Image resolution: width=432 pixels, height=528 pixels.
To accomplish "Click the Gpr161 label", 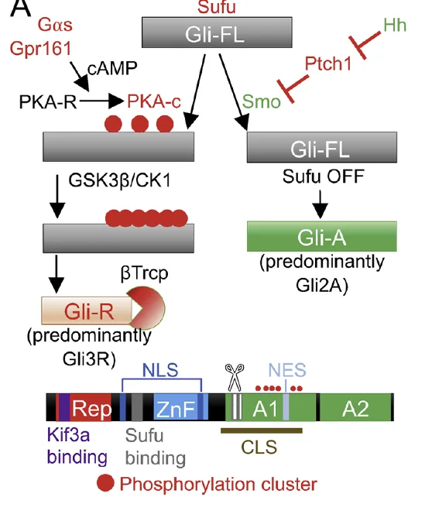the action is click(40, 49).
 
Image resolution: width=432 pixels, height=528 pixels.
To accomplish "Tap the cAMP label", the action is click(112, 68).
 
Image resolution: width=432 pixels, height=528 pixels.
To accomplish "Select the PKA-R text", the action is click(48, 101).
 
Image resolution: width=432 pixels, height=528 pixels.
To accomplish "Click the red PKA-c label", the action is click(154, 101).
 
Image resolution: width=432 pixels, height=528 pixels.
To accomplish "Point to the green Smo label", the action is click(261, 101).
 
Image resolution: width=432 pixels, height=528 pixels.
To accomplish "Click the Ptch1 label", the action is click(328, 63).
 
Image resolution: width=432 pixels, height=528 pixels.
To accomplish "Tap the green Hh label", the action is click(395, 26).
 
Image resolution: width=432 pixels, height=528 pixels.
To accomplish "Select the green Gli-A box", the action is click(322, 236).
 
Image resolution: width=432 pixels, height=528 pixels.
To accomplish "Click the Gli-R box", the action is click(87, 310).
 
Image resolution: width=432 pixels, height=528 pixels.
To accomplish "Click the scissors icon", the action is click(235, 377).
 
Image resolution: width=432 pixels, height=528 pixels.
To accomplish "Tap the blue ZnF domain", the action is click(176, 407).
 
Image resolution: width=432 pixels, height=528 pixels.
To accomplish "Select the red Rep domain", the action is click(91, 407).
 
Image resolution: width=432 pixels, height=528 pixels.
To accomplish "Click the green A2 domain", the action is click(355, 407).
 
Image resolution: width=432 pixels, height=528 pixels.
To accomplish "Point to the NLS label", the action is click(160, 370).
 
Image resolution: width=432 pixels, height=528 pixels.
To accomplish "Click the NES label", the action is click(287, 370).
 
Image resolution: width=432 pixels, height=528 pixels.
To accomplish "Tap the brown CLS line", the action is click(262, 430).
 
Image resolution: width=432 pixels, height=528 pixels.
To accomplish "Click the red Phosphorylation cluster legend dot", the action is click(105, 482).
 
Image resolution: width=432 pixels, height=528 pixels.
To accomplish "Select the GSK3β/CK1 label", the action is click(119, 180).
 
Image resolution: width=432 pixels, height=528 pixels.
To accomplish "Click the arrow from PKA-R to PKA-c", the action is click(101, 101).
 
